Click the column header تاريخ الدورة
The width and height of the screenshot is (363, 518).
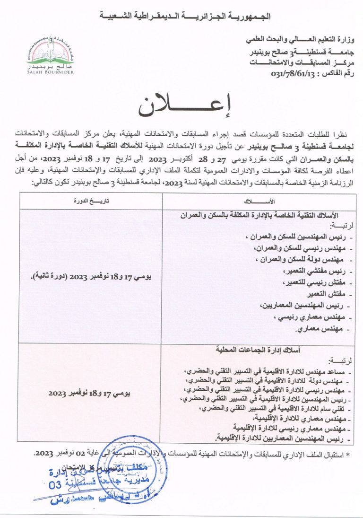90,202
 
